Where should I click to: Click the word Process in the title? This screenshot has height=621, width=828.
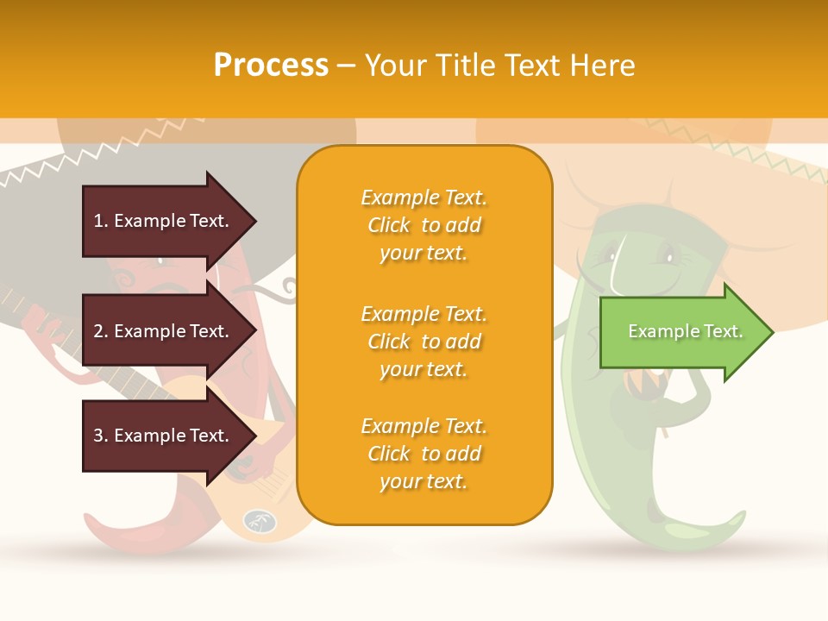pyautogui.click(x=271, y=66)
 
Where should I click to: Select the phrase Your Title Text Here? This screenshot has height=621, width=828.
pyautogui.click(x=499, y=66)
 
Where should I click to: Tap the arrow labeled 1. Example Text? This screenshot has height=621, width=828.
pyautogui.click(x=164, y=221)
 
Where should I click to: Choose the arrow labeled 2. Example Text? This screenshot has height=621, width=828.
pyautogui.click(x=164, y=331)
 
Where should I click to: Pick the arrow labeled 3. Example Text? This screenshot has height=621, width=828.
pyautogui.click(x=164, y=436)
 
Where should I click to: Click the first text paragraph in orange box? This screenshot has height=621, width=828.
pyautogui.click(x=423, y=225)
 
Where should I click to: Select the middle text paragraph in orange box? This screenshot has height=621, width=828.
pyautogui.click(x=423, y=342)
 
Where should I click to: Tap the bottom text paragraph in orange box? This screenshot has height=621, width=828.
pyautogui.click(x=423, y=454)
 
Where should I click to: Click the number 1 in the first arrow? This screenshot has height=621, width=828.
pyautogui.click(x=98, y=221)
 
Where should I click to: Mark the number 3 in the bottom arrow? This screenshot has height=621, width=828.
pyautogui.click(x=98, y=436)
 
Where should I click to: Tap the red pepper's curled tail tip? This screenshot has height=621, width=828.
pyautogui.click(x=88, y=517)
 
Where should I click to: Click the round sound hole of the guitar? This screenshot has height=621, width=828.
pyautogui.click(x=258, y=520)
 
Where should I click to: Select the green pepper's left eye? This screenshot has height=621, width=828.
pyautogui.click(x=615, y=255)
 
